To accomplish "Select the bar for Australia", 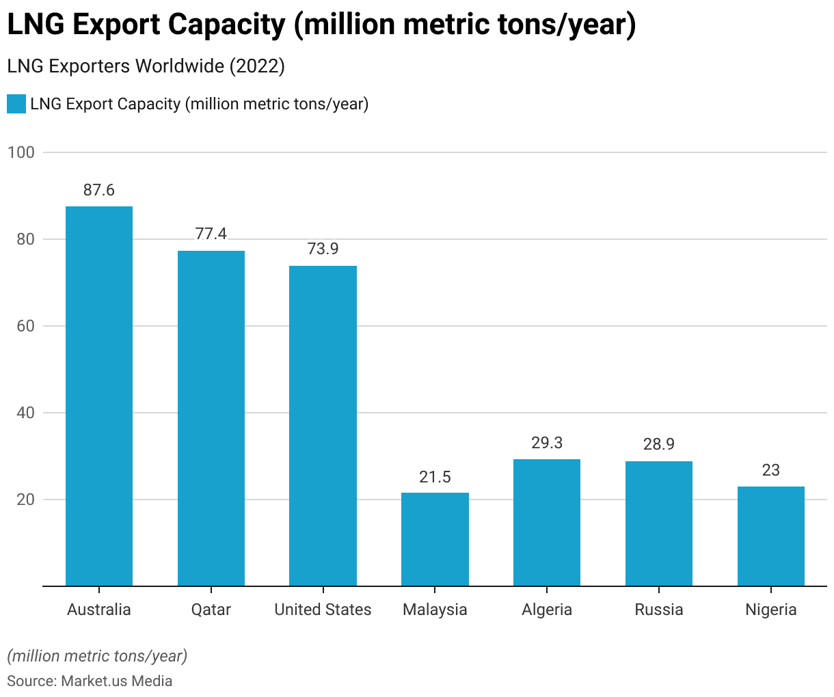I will pos(99,396).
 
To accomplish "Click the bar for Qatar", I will pos(211,418).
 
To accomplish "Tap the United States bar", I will pos(323,426).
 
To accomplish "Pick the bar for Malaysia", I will pos(435,539).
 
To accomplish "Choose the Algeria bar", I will pos(547,523).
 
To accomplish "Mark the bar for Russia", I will pos(659,523).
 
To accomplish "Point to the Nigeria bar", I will pos(771,536).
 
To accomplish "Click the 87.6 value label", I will pos(99,190).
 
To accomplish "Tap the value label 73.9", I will pos(323,249).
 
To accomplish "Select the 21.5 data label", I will pos(435,476).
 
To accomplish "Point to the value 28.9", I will pos(659,444).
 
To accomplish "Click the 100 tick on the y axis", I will pos(21,152).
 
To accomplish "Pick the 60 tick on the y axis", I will pos(26,326).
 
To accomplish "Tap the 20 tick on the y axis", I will pos(26,500).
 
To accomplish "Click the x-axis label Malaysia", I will pos(435,610).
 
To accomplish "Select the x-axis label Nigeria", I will pos(771,610).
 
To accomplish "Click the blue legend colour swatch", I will pos(16,104).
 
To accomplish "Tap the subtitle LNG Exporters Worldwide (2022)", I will pos(146,66).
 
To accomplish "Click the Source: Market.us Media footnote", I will pos(90,681).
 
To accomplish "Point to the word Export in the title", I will pos(115,25).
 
